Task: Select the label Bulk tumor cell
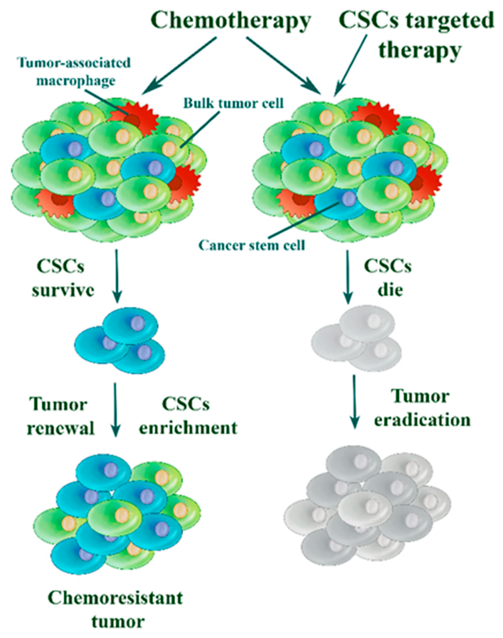tap(233, 103)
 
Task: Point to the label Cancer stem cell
tap(251, 245)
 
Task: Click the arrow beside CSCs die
tap(348, 277)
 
